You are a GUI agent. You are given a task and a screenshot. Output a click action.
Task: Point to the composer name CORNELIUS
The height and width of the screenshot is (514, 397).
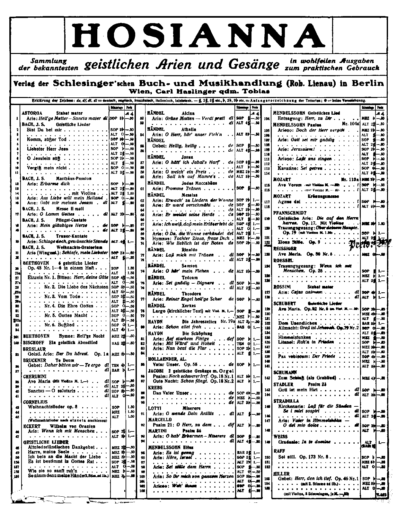pyautogui.click(x=35, y=402)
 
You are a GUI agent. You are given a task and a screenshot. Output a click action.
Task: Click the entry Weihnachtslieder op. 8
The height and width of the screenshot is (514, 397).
pyautogui.click(x=53, y=407)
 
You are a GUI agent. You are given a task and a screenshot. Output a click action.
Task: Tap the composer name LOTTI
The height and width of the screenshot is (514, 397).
pyautogui.click(x=154, y=408)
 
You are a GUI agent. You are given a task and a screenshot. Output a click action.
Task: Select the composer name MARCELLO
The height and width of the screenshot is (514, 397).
pyautogui.click(x=160, y=420)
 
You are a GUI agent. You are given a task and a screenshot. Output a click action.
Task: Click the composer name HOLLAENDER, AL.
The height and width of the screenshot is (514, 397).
pyautogui.click(x=167, y=359)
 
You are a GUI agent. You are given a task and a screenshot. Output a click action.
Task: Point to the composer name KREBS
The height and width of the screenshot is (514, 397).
pyautogui.click(x=155, y=388)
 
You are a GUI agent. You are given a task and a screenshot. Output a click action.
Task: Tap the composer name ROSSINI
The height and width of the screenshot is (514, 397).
pyautogui.click(x=283, y=287)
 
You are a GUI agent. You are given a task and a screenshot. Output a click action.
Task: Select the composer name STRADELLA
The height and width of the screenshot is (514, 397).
pyautogui.click(x=286, y=401)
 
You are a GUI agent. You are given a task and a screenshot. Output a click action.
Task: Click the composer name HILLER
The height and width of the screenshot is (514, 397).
pyautogui.click(x=281, y=474)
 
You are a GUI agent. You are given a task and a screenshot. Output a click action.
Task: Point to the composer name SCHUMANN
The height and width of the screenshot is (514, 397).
pyautogui.click(x=285, y=372)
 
